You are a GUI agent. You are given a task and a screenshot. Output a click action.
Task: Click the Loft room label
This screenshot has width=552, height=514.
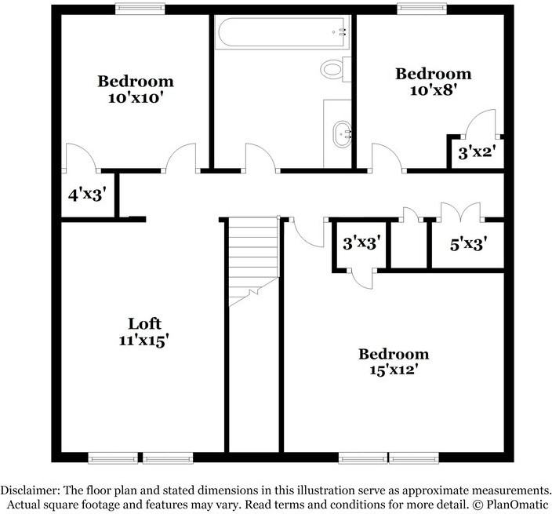[x=144, y=324]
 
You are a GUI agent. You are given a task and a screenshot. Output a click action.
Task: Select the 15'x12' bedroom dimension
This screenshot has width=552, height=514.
[x=394, y=370]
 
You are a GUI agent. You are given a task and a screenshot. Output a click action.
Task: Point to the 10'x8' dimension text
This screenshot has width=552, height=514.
[x=433, y=90]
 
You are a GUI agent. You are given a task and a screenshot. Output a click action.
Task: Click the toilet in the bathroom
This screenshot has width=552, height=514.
[x=333, y=69]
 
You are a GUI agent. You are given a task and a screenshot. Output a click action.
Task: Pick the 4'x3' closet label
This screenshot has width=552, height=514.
[x=86, y=193]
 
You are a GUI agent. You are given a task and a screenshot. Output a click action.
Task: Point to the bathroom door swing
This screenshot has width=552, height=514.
[x=260, y=157]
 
